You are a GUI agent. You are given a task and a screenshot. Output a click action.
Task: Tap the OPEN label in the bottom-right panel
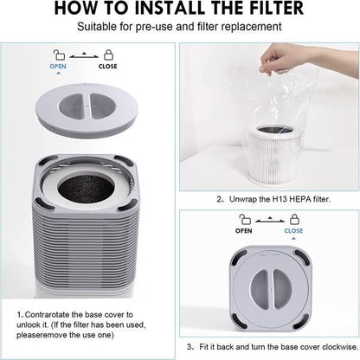click(x=245, y=231)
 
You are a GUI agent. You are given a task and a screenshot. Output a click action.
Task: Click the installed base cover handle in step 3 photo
click(x=269, y=285)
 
